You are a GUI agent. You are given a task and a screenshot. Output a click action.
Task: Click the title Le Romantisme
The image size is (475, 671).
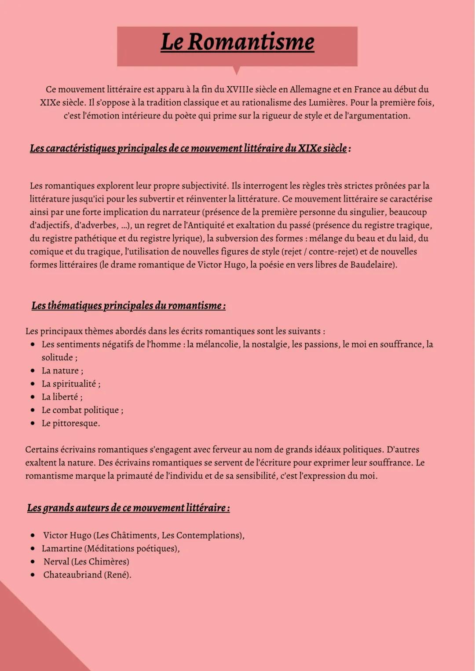[237, 42]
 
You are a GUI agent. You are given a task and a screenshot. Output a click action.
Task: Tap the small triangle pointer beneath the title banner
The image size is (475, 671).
[237, 70]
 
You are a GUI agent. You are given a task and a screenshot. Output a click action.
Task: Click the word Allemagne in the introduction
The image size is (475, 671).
[310, 89]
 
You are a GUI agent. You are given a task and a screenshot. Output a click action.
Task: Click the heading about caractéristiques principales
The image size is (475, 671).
[188, 148]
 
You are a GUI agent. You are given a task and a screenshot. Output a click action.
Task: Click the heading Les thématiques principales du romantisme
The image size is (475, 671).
[128, 305]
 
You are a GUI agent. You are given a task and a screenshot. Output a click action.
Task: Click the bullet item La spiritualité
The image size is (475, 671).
[70, 384]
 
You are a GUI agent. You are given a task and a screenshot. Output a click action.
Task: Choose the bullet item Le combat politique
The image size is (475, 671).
[82, 410]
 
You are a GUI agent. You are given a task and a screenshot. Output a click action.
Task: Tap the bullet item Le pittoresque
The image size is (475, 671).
[70, 423]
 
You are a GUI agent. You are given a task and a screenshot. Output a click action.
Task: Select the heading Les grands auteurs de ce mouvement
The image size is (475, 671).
[128, 508]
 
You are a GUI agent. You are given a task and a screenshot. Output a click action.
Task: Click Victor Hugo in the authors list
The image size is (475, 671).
[67, 535]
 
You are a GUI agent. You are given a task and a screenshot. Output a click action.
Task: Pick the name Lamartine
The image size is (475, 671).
[62, 549]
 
